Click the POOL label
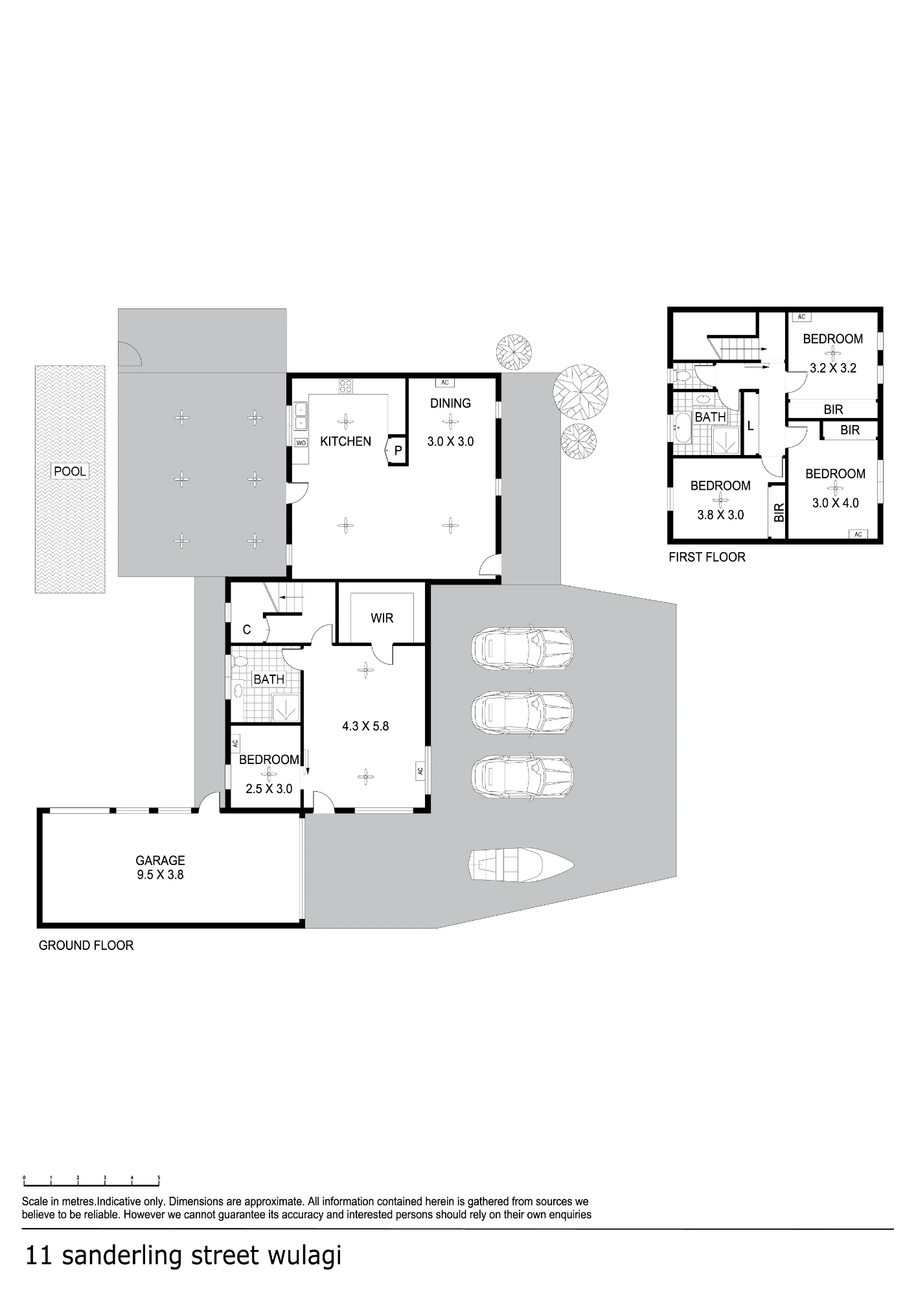pos(70,471)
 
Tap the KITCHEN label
pos(345,441)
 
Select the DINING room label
pos(450,403)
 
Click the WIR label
pos(382,618)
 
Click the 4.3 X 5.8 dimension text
pos(365,726)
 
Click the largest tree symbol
pos(580,391)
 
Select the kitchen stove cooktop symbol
pos(346,386)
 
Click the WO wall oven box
pos(301,443)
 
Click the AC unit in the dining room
pos(445,382)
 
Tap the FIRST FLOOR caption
pos(707,557)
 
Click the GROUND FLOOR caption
pos(86,945)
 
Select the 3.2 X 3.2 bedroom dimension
pos(833,368)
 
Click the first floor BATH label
pos(710,417)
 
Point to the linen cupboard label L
pos(750,426)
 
